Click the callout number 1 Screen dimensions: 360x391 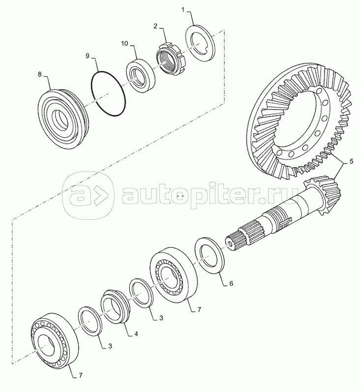coord(183,10)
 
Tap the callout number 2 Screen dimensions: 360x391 coord(155,26)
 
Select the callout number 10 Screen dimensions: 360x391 coord(124,44)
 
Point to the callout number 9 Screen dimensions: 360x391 coord(87,56)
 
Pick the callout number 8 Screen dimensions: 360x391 coord(40,74)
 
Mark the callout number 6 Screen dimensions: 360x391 coord(231,283)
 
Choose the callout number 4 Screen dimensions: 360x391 coord(136,333)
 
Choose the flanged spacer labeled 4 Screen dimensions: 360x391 coord(115,306)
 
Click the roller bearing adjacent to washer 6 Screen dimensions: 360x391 coord(174,275)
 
